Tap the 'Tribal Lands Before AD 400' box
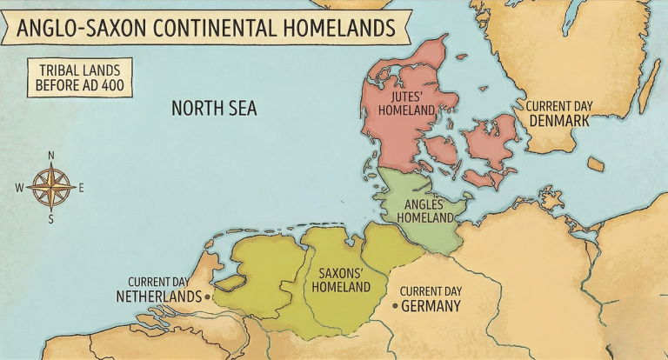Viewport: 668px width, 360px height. point(79,77)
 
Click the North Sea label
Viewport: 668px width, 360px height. point(214,109)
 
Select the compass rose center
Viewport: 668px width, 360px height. point(50,186)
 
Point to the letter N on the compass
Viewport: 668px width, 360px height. point(50,157)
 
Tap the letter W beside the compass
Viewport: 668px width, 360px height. point(19,187)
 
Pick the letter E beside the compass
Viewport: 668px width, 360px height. point(81,187)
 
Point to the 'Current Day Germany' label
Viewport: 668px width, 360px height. point(431,298)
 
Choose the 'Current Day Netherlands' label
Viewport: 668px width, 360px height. point(159,290)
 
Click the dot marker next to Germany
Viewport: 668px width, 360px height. point(395,306)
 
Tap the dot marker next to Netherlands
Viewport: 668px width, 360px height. point(209,297)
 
